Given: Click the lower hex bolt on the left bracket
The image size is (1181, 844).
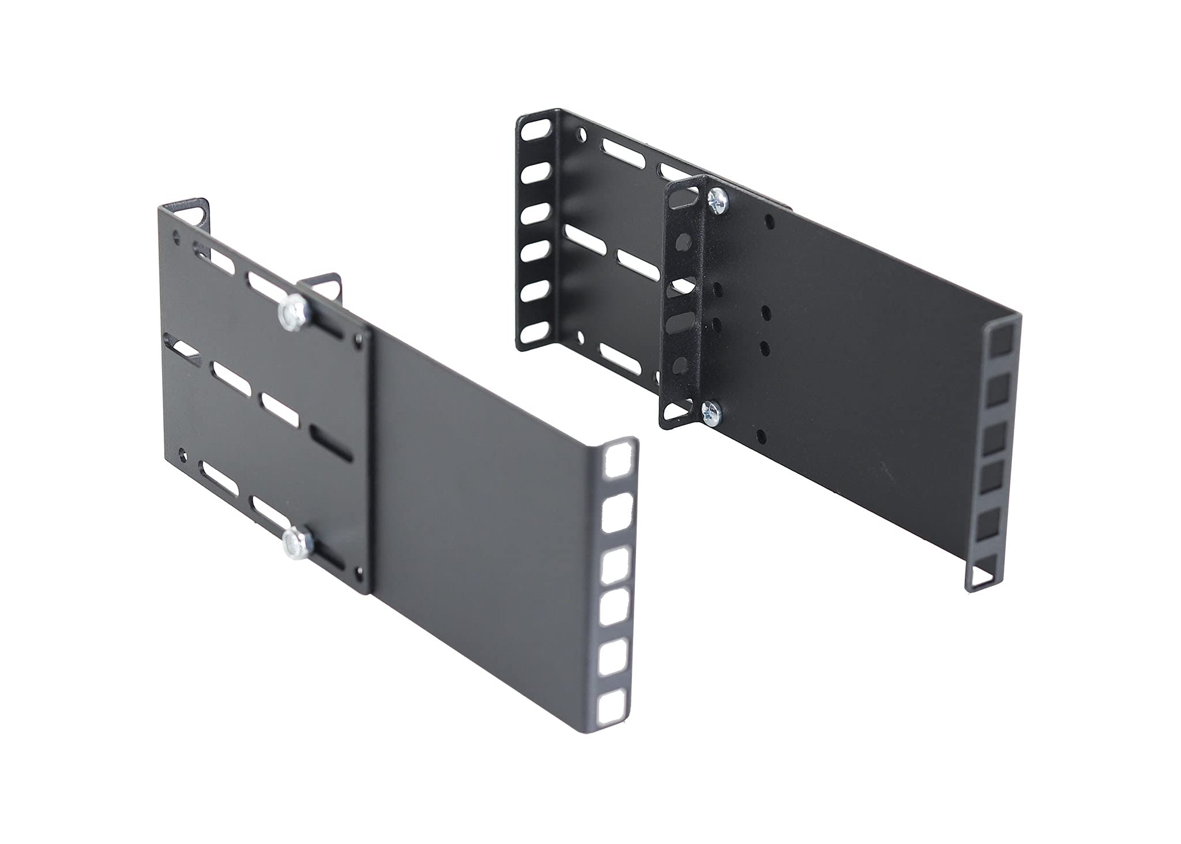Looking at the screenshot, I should click(294, 542).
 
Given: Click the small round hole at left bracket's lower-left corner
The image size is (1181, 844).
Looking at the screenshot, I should click(183, 454).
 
